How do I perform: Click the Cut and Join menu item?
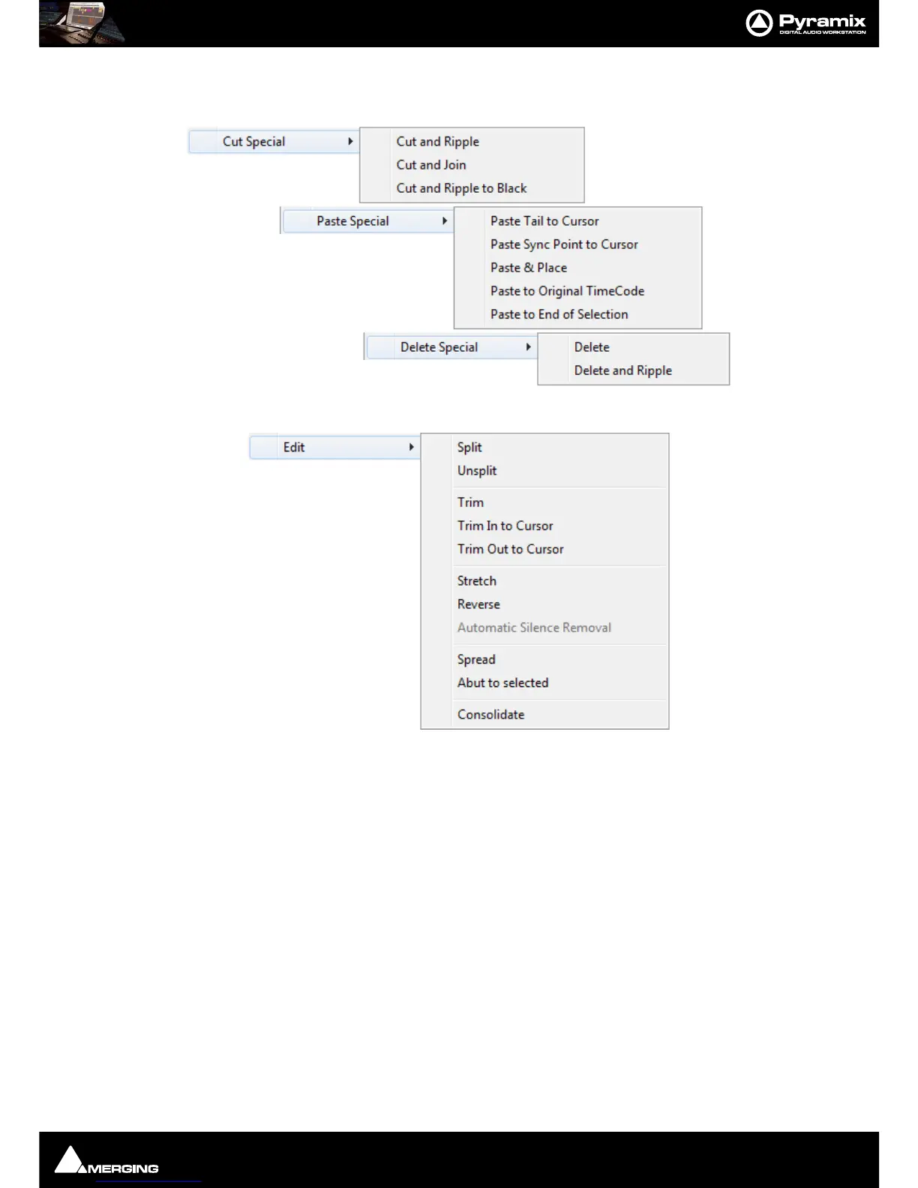(x=431, y=165)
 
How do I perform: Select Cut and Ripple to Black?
(x=461, y=188)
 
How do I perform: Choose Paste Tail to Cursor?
(x=544, y=221)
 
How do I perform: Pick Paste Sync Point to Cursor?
(x=564, y=244)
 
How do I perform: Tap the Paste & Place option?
(x=529, y=268)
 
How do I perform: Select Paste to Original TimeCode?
(x=567, y=291)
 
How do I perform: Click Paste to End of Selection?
(x=559, y=314)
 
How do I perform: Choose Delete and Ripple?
(x=622, y=370)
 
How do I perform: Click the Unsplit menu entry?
(x=477, y=471)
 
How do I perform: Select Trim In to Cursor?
(x=505, y=526)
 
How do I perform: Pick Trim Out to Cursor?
(x=510, y=549)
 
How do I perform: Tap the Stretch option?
(x=477, y=581)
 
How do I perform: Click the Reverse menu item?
(x=478, y=604)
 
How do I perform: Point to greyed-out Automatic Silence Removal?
(x=534, y=628)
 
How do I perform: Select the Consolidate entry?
(x=490, y=715)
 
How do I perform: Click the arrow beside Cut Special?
(x=350, y=142)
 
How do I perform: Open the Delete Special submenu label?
(x=439, y=347)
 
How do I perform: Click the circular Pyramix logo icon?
(x=759, y=23)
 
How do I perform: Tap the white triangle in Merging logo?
(x=68, y=1160)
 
